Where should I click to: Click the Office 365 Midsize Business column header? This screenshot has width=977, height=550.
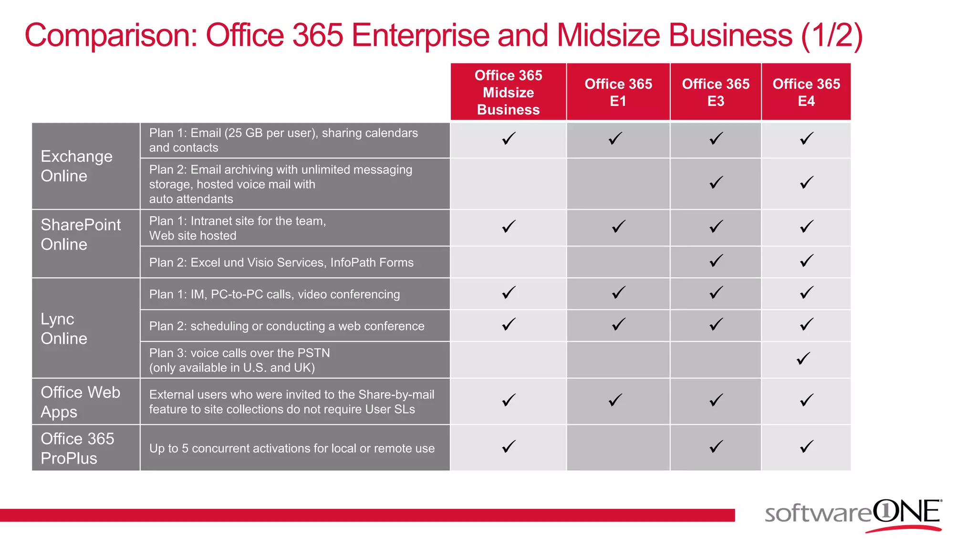[508, 92]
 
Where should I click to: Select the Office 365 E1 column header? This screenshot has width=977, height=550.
[618, 92]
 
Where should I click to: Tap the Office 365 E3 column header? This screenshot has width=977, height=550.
[716, 92]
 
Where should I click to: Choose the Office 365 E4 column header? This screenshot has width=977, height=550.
[806, 92]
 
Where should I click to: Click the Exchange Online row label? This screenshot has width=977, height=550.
[76, 166]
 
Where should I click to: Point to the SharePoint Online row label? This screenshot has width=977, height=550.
[81, 234]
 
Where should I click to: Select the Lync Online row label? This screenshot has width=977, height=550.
[64, 328]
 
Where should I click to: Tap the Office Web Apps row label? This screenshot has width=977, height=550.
[80, 402]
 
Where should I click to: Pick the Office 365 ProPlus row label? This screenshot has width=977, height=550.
[77, 448]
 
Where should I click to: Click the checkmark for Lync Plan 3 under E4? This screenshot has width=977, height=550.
[803, 359]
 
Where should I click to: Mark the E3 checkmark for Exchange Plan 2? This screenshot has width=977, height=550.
[716, 182]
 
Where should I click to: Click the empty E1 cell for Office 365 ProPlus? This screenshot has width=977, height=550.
[618, 448]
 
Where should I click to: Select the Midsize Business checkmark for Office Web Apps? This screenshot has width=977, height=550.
[509, 400]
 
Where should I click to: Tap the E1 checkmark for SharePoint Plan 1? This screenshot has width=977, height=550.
[618, 226]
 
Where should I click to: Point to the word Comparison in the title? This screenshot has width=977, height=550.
[111, 35]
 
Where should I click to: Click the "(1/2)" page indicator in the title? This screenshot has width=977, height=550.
[831, 35]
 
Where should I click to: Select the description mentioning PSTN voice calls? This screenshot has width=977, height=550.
[239, 360]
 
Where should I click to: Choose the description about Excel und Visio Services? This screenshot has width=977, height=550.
[281, 263]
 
